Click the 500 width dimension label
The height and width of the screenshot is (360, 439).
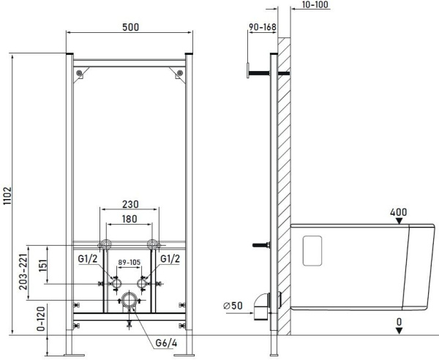[x=130, y=27]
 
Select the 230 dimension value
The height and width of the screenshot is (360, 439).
[x=130, y=204]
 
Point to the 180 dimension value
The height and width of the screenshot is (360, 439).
[x=130, y=219]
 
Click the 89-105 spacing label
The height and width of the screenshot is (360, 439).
[x=129, y=262]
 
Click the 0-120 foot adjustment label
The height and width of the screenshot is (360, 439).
[x=41, y=319]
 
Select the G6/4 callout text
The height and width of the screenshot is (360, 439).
[x=166, y=343]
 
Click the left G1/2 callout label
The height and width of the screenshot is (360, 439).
[x=88, y=259]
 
